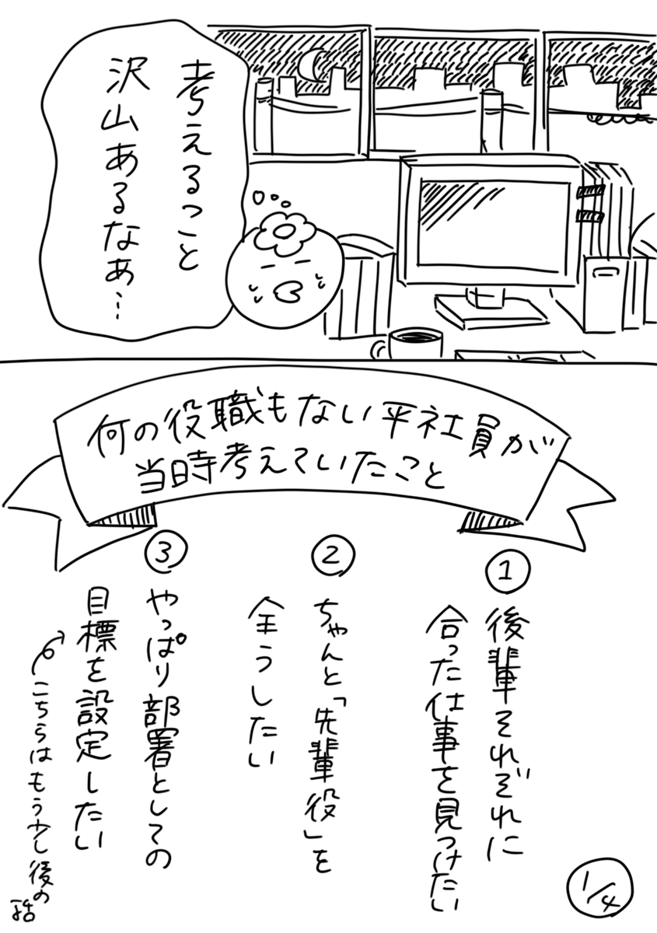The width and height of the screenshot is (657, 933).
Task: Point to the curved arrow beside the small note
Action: click(47, 654)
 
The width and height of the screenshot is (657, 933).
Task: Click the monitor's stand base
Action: click(490, 309)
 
